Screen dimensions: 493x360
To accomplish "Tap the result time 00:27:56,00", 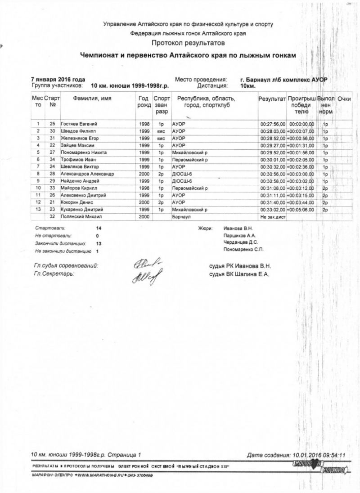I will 273,123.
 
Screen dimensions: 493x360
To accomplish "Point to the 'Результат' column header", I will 272,98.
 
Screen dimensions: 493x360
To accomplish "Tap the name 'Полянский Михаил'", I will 81,217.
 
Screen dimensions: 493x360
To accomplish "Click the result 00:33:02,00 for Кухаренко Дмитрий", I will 273,210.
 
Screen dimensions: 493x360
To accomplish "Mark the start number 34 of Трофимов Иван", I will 52,159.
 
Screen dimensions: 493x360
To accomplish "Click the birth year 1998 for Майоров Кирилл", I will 144,188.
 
